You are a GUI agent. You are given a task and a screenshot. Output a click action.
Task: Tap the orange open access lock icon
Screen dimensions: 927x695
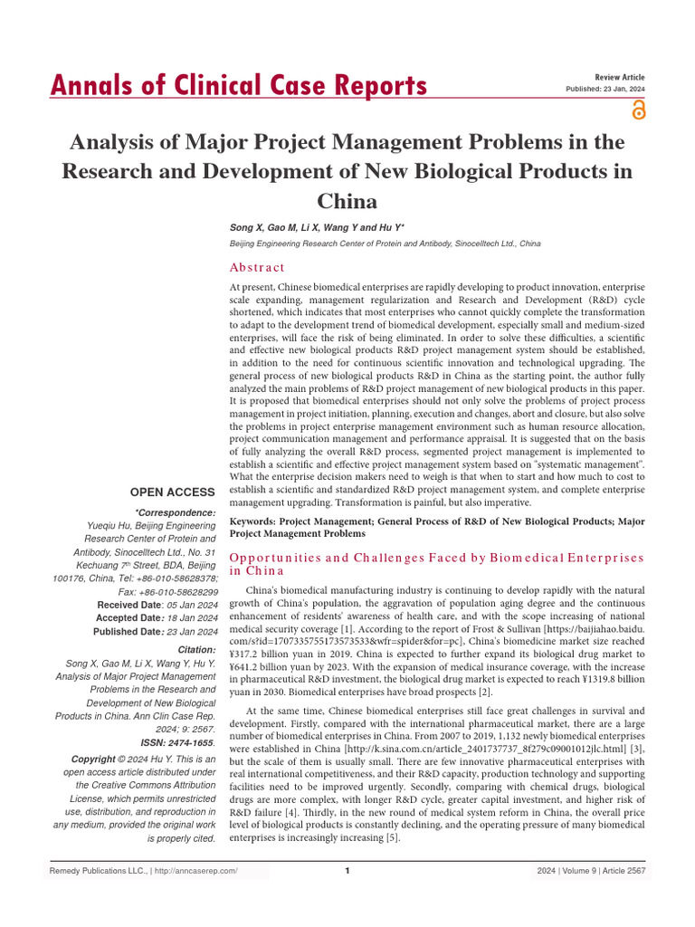click(639, 110)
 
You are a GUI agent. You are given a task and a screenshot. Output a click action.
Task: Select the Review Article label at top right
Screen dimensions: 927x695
click(620, 78)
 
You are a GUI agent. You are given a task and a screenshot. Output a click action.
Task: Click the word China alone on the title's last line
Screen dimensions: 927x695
click(347, 200)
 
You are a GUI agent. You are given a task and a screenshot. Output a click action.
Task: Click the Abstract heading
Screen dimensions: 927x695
click(258, 267)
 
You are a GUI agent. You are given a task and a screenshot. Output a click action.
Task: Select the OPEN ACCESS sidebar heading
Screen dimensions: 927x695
click(172, 492)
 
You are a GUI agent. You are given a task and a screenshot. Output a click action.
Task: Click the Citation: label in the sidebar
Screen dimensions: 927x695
click(196, 650)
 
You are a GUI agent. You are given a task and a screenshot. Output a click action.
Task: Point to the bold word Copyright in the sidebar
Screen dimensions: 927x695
click(93, 759)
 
